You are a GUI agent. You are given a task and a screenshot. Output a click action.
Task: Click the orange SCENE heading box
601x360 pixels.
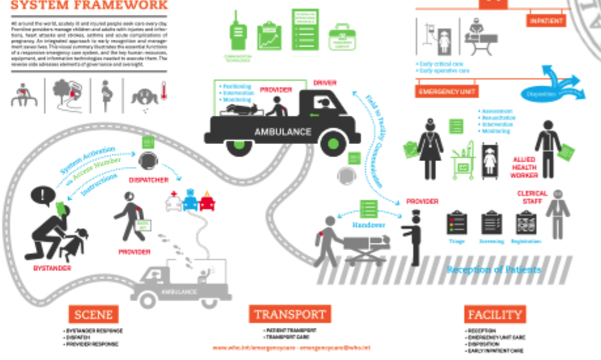coord(94,314)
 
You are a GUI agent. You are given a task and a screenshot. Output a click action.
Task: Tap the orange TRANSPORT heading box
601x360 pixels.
coord(290,315)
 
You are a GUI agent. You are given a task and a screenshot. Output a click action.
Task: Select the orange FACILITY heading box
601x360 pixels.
coord(494,314)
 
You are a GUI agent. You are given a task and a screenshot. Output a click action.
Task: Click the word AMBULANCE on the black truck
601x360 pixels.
coord(283,132)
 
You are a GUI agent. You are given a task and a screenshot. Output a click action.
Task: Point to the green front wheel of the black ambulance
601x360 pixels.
coord(333,143)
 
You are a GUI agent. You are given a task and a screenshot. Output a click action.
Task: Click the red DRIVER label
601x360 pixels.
coord(325,83)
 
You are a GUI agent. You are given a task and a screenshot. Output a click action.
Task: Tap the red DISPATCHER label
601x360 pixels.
coord(149,180)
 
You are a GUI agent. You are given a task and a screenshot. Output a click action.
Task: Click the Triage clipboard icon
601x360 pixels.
coord(456,223)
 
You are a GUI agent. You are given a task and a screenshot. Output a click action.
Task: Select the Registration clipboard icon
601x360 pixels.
coord(526,223)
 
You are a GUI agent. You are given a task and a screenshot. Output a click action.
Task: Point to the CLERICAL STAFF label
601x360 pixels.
coord(532,198)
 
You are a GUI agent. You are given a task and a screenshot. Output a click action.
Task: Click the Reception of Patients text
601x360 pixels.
coord(494,270)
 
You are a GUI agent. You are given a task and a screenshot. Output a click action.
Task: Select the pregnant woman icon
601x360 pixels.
coord(106,92)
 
